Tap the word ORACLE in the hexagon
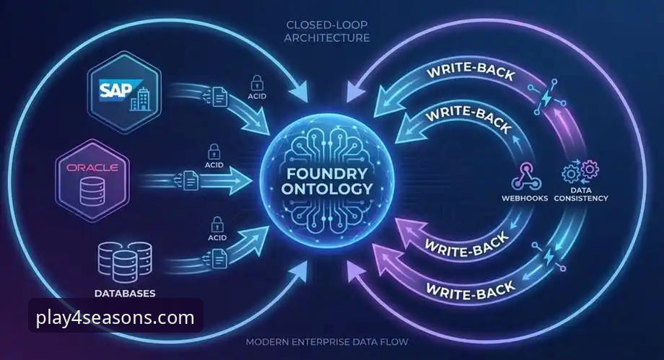(92, 167)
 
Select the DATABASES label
(125, 293)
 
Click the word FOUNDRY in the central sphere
(327, 173)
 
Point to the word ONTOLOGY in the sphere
(327, 188)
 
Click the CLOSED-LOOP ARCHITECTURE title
(327, 31)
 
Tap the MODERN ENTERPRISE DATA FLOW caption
(327, 341)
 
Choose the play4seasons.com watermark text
(115, 317)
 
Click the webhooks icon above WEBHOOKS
(526, 177)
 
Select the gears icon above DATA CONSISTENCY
(580, 171)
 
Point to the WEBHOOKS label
(525, 198)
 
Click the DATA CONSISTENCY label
(581, 194)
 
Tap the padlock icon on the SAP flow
(257, 82)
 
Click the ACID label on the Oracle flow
(214, 164)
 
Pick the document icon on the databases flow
(219, 258)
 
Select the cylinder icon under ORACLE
(92, 191)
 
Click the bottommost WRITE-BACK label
(471, 291)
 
